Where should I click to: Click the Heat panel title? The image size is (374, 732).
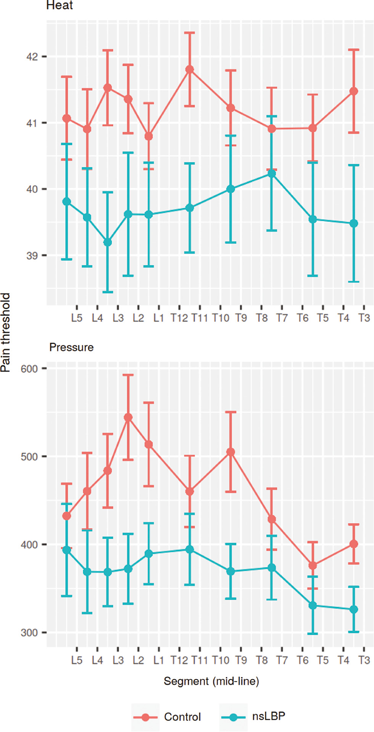pos(59,5)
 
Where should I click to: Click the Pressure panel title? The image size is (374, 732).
pos(71,347)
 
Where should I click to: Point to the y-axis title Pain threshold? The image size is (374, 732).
pos(5,332)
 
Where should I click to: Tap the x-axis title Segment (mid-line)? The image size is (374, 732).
pos(211,681)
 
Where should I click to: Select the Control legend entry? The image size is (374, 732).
pos(182,717)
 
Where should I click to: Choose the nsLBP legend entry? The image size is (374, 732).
pos(268,716)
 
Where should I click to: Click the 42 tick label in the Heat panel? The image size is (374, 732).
pos(32,57)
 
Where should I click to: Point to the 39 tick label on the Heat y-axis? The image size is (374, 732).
pos(32,255)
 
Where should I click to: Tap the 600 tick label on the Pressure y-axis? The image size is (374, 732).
pos(29,369)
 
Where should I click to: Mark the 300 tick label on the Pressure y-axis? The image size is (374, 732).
pos(29,633)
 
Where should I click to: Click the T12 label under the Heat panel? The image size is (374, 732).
pos(179,318)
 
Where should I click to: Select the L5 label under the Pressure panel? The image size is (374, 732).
pos(77,660)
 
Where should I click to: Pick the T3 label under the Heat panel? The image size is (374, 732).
pos(364,318)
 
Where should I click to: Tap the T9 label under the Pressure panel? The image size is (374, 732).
pos(241,660)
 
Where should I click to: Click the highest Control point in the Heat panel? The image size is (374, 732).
pos(189,69)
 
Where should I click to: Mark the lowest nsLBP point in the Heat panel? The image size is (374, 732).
pos(108,242)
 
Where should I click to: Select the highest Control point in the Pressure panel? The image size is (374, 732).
pos(128,417)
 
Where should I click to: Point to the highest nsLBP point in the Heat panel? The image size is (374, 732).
pos(271,173)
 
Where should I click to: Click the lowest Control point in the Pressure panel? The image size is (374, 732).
pos(313,565)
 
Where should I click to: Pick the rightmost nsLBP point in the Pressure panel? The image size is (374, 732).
pos(354,610)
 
